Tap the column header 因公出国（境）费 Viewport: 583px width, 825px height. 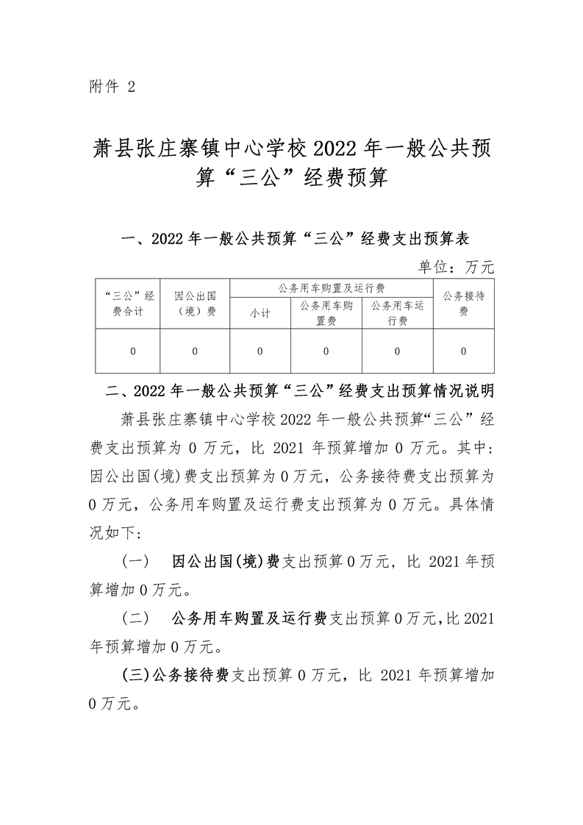(x=195, y=304)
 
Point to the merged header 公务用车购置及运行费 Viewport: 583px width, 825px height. (x=332, y=287)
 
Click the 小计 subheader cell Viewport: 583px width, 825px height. (x=260, y=313)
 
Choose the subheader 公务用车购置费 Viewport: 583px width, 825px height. (x=326, y=313)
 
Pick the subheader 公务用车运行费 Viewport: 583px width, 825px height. (x=398, y=313)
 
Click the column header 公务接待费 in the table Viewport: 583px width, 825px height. (x=463, y=304)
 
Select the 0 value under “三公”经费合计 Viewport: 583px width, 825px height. (x=133, y=351)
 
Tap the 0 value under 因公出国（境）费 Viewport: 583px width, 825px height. (x=195, y=351)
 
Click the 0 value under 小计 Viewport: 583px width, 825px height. (x=260, y=351)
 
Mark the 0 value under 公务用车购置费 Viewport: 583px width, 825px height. (x=326, y=351)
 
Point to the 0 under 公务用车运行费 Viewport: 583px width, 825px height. (x=398, y=351)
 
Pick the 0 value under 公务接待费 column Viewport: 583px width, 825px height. (x=463, y=351)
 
